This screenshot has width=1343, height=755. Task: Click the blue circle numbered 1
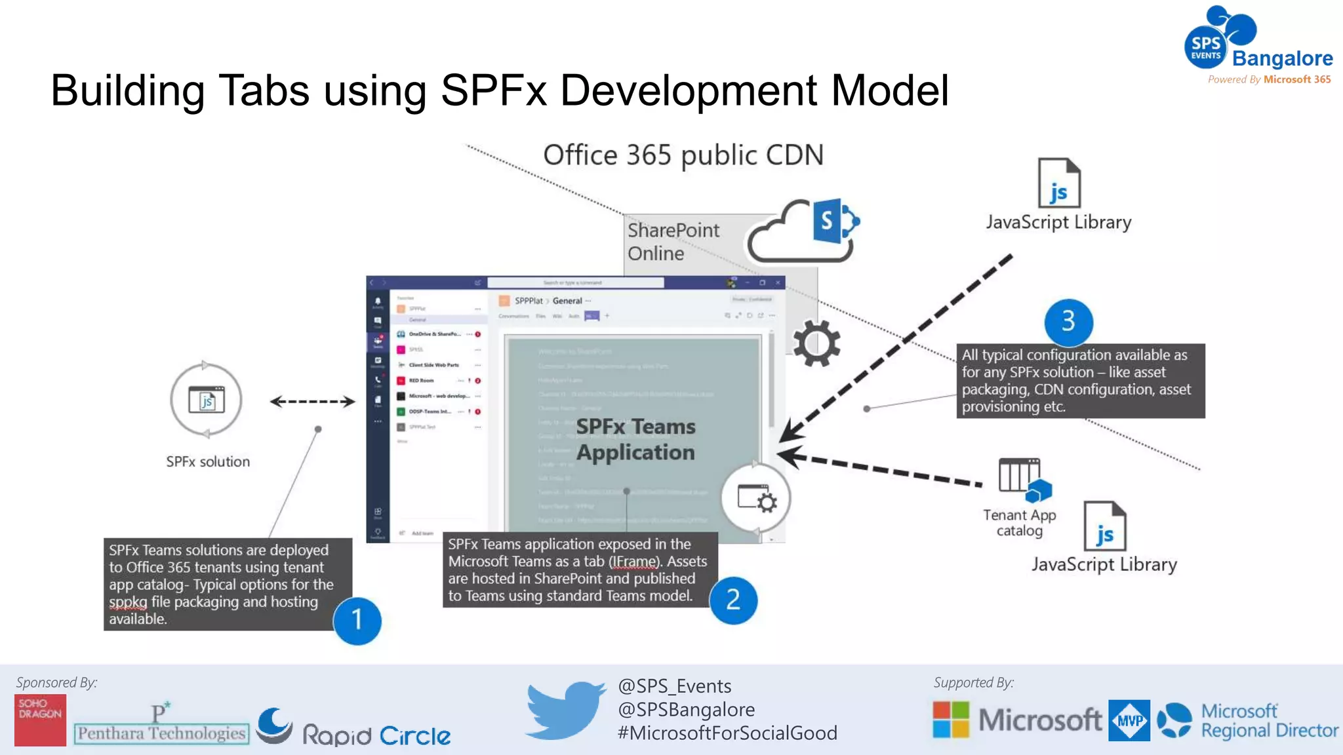pos(357,620)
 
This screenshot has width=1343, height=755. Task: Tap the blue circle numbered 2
pos(733,600)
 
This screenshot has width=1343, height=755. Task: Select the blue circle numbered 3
pos(1068,321)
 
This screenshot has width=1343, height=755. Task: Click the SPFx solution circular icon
pos(207,400)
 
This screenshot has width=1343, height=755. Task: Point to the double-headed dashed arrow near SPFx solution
pos(312,402)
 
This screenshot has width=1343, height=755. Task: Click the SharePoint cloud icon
pos(803,231)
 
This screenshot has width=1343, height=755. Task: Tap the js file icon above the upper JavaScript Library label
pos(1059,183)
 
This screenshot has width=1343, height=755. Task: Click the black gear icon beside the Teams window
pos(816,343)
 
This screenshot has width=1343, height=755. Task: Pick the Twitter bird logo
pos(565,710)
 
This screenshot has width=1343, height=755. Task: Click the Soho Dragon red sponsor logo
pos(40,720)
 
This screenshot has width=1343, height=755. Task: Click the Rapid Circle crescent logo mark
pos(274,726)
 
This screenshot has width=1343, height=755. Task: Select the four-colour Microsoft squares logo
pos(950,720)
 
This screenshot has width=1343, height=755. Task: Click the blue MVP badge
pos(1129,720)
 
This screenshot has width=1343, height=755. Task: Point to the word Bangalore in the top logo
pos(1282,58)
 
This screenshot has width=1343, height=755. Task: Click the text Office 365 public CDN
pos(683,155)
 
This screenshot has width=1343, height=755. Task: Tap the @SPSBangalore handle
pos(686,709)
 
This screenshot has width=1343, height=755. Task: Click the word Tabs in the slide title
pos(264,90)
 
